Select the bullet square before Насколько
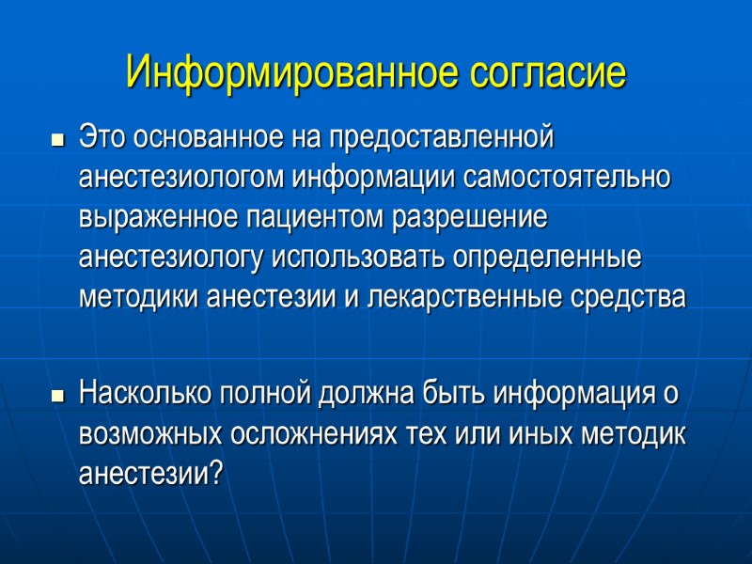click(x=56, y=396)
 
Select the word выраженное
click(x=152, y=218)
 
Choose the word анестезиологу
click(x=175, y=258)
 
